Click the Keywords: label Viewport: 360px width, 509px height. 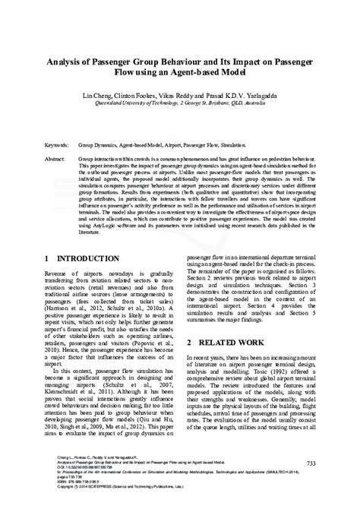pos(58,142)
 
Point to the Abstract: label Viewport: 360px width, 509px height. pos(56,161)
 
